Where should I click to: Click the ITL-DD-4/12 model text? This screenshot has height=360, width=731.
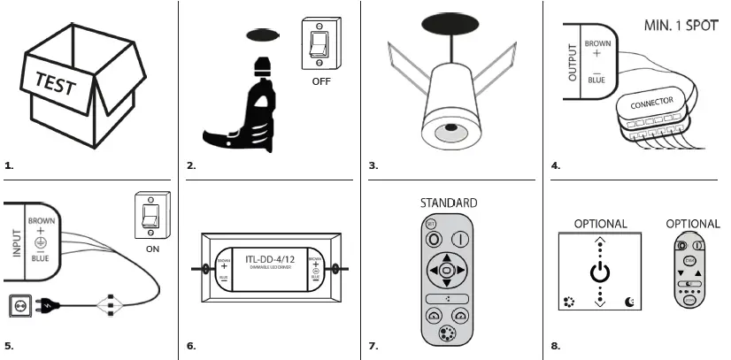pos(269,259)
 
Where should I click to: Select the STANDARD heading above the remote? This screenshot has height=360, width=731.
pos(449,203)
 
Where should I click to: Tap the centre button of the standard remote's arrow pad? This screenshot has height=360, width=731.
pos(447,269)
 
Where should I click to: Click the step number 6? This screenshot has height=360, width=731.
pos(190,345)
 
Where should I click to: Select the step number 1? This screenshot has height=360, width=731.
pos(9,165)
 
